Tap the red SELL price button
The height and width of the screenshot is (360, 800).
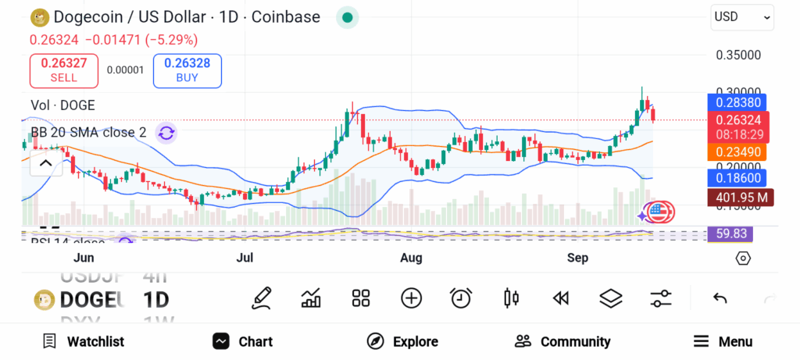[x=64, y=70]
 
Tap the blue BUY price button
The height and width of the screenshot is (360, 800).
[x=187, y=70]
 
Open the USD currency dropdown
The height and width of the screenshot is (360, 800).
[x=742, y=17]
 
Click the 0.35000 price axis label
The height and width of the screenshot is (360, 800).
[x=738, y=55]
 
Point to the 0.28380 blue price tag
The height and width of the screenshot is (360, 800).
[x=738, y=102]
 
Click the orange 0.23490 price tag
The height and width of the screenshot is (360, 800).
[x=738, y=152]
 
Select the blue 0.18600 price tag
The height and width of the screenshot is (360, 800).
[x=738, y=178]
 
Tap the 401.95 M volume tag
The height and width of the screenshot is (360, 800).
[x=738, y=197]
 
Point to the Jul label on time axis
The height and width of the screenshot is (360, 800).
[x=245, y=258]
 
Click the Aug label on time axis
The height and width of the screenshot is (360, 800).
[x=411, y=258]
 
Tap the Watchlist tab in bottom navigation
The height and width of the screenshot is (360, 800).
[x=84, y=341]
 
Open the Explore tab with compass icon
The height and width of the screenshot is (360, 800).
[x=402, y=341]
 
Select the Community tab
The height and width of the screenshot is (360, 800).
[x=562, y=341]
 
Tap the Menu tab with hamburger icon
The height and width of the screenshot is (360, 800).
[x=723, y=341]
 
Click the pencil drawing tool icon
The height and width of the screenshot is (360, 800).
[x=262, y=298]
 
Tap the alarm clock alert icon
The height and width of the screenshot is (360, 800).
[x=461, y=298]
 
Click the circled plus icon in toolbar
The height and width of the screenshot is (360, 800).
[x=411, y=298]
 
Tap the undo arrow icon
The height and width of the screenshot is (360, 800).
[x=720, y=298]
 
